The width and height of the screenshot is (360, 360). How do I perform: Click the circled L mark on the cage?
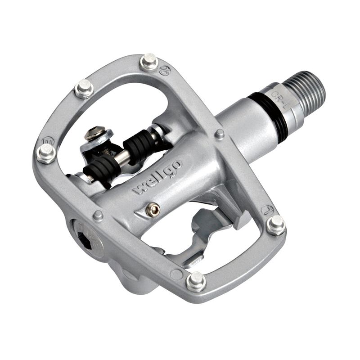(x=267, y=210)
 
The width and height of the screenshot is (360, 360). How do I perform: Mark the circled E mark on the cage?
(x=49, y=140)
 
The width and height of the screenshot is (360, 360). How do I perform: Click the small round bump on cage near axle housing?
(x=220, y=134)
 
